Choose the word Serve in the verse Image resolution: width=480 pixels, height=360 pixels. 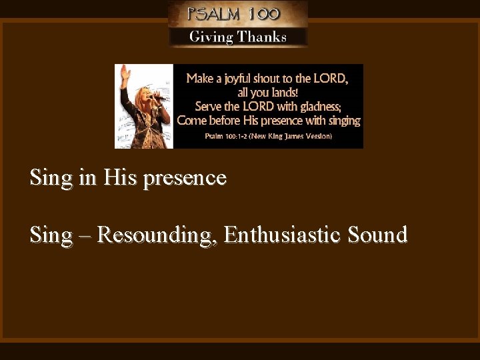(x=209, y=106)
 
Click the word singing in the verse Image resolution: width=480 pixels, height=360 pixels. (x=343, y=121)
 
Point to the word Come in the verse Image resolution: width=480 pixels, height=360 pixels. (x=191, y=121)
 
